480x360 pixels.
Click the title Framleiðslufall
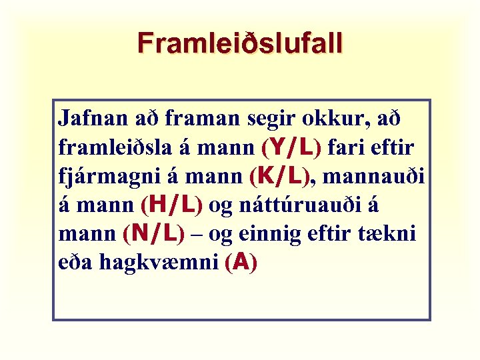point(240,43)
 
